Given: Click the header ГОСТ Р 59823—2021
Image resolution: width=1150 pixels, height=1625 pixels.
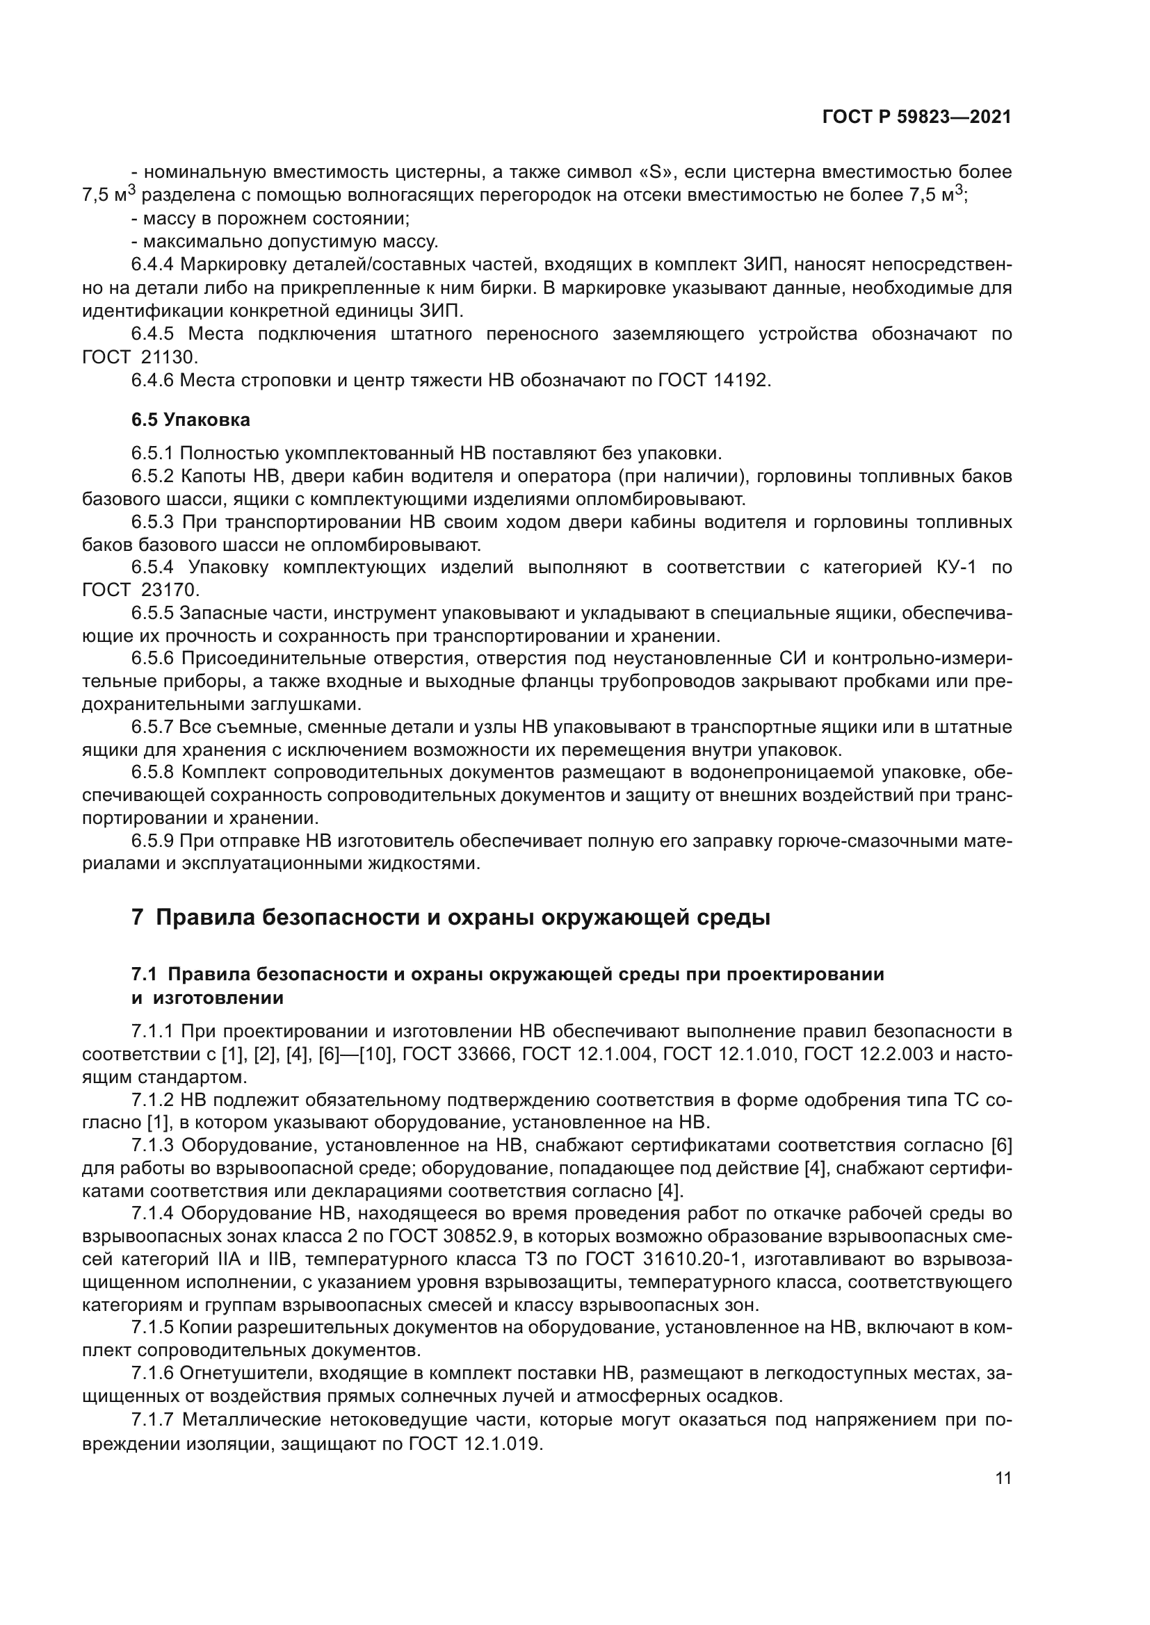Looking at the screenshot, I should (916, 117).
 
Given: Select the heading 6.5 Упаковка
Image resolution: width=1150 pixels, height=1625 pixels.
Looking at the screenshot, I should (191, 420).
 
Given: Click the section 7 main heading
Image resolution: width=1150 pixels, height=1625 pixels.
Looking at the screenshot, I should (451, 918).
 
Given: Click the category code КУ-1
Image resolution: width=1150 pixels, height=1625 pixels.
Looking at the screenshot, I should (950, 567).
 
